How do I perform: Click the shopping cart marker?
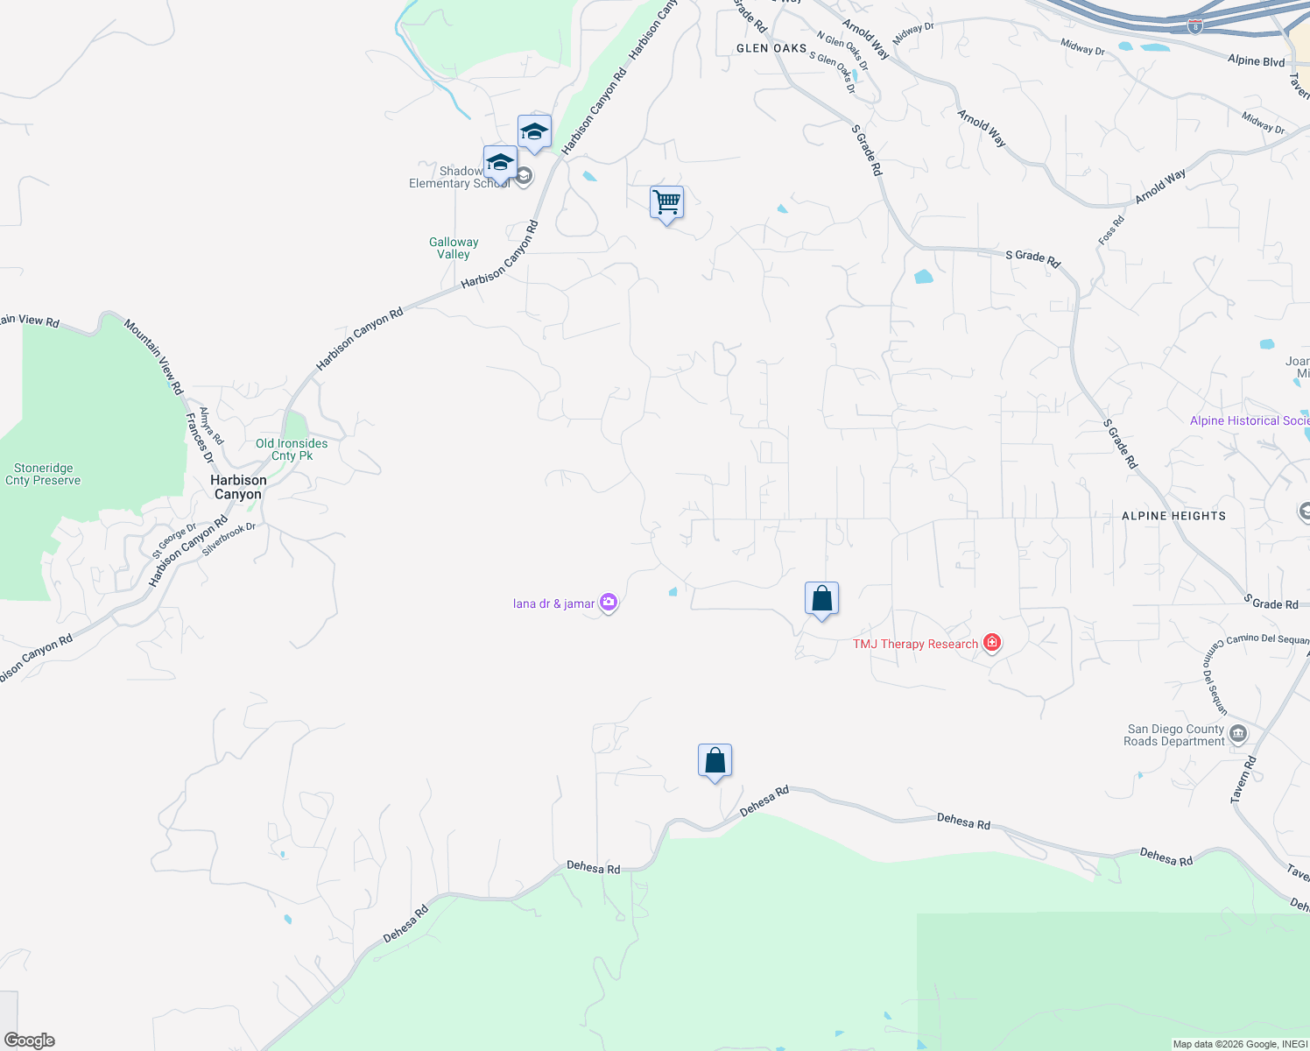point(666,203)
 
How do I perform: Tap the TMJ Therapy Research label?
point(915,644)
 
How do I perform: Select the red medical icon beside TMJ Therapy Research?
point(991,644)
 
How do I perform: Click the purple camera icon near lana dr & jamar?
point(609,603)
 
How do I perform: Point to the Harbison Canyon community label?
point(238,487)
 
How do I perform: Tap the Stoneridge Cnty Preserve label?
point(43,474)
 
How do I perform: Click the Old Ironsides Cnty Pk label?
point(292,449)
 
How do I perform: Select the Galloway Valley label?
point(454,248)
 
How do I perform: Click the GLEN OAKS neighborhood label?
point(771,48)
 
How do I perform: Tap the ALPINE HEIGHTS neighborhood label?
point(1173,516)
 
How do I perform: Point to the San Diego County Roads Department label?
point(1175,735)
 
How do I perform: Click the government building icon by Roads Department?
point(1237,734)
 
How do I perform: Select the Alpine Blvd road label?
point(1256,60)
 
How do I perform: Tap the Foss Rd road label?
point(1111,230)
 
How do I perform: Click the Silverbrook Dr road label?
point(229,540)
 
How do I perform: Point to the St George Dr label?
point(174,540)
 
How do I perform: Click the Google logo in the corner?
point(30,1040)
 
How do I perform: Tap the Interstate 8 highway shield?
point(1195,27)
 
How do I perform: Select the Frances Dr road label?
point(200,438)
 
